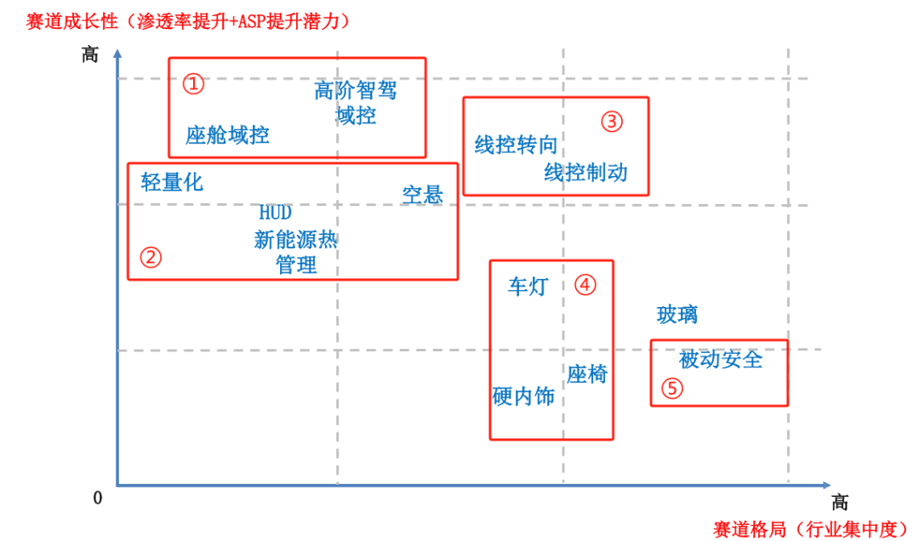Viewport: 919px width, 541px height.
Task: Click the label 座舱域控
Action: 227,134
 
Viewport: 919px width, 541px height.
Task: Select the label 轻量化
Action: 172,181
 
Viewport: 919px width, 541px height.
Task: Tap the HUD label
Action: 275,213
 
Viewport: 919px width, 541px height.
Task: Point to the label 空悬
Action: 423,195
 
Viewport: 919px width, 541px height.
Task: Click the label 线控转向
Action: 516,145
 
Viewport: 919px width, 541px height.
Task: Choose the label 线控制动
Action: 585,173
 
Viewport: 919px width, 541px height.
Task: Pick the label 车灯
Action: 528,287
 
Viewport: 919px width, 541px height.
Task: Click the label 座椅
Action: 587,373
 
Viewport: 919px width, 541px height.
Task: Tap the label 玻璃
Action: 677,315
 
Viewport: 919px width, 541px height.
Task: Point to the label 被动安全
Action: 721,360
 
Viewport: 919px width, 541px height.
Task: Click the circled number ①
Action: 194,83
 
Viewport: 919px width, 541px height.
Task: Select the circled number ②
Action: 151,257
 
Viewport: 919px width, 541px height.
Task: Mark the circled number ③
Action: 612,122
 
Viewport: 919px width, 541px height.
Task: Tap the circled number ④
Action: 585,284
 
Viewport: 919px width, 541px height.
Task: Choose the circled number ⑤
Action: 671,389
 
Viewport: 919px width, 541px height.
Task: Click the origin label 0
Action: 98,498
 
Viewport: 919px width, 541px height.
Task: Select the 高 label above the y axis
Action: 90,54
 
